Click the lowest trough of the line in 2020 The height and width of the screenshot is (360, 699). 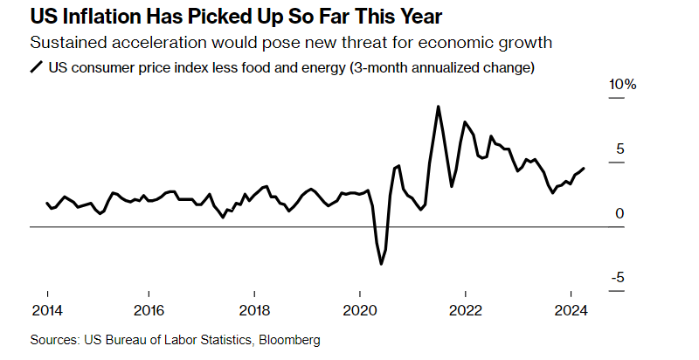[x=382, y=264]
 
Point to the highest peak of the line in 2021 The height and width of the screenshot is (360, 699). [x=438, y=107]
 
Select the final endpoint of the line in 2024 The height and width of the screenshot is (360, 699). [x=584, y=168]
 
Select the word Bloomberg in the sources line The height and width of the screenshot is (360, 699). [x=288, y=338]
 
